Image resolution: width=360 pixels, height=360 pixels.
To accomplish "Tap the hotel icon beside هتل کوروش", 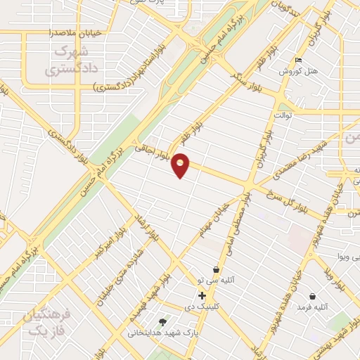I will (x=298, y=60).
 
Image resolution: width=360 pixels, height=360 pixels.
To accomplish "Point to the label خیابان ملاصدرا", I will (x=77, y=32).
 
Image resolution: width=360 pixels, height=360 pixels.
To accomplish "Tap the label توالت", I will (x=283, y=114).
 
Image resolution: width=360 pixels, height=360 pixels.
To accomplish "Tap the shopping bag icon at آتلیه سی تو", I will (x=216, y=270).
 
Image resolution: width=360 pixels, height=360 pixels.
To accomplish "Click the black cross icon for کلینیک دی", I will (x=202, y=295).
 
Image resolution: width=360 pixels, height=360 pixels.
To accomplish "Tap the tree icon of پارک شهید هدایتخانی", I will (x=163, y=322).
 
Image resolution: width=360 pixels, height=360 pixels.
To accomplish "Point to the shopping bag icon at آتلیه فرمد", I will (x=311, y=297).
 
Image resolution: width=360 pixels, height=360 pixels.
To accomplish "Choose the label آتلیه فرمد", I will (x=312, y=308).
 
